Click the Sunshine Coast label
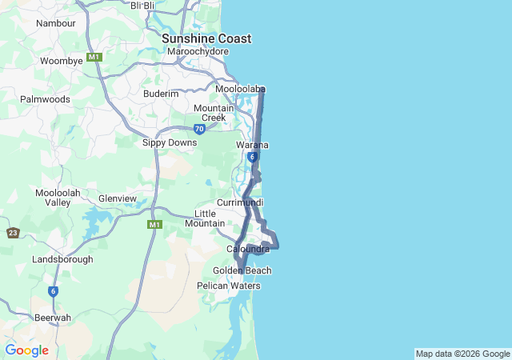click(x=206, y=38)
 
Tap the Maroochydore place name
click(x=198, y=52)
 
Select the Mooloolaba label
click(x=240, y=89)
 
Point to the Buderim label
click(x=161, y=94)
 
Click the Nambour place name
click(x=56, y=23)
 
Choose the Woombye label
click(x=62, y=61)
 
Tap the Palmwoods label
click(x=46, y=99)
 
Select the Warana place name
click(x=252, y=145)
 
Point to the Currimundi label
click(x=240, y=202)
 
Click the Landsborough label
click(x=63, y=260)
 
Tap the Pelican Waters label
click(x=229, y=286)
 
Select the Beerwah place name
click(x=53, y=318)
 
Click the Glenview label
click(x=118, y=198)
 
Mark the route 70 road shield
click(x=199, y=129)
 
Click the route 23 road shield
click(x=13, y=233)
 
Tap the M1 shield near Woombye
click(x=94, y=58)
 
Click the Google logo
click(x=26, y=350)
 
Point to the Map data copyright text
click(x=462, y=354)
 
